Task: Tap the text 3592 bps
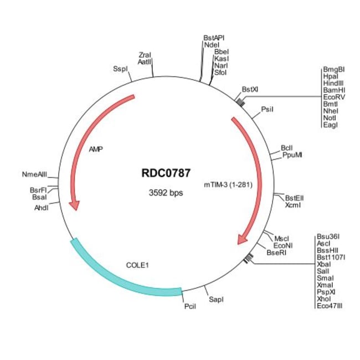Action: point(166,193)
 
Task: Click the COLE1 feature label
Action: point(138,265)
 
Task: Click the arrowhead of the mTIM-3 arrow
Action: point(241,238)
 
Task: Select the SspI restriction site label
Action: point(120,69)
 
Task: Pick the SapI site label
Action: point(216,300)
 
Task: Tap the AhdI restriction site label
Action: point(42,208)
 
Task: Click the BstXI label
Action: point(250,89)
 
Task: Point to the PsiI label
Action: point(268,109)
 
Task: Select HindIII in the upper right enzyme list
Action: point(333,83)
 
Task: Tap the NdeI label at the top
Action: point(211,45)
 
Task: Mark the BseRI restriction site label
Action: point(276,253)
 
